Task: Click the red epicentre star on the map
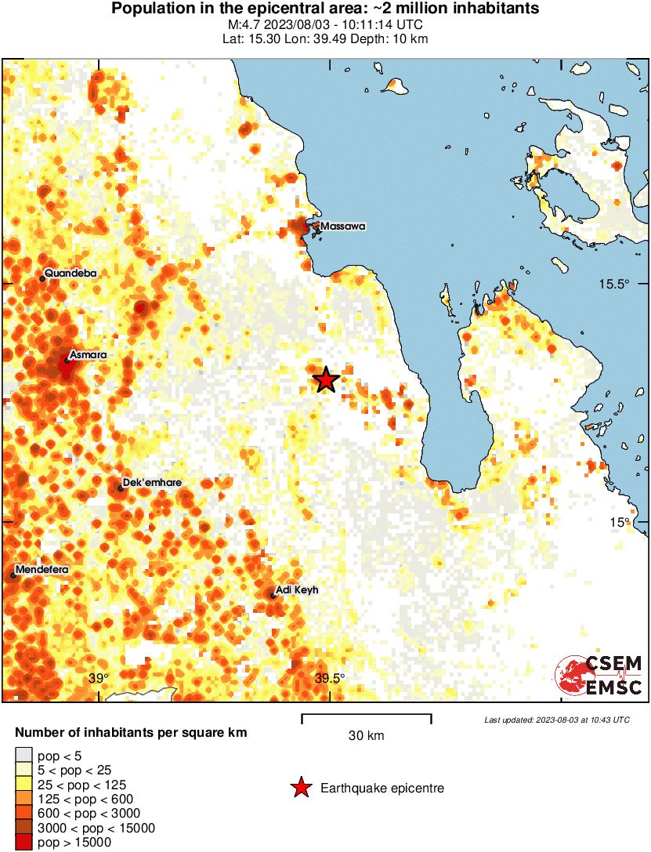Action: [327, 380]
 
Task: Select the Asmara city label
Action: [88, 355]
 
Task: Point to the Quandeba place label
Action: [70, 274]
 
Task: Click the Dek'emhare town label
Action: [153, 483]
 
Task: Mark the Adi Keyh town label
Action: [298, 590]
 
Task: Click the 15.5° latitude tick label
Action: [615, 284]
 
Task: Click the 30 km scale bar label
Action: [366, 735]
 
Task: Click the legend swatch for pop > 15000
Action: [24, 842]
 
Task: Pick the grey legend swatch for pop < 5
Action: [24, 756]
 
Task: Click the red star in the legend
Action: [300, 788]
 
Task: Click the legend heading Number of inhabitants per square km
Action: [131, 734]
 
